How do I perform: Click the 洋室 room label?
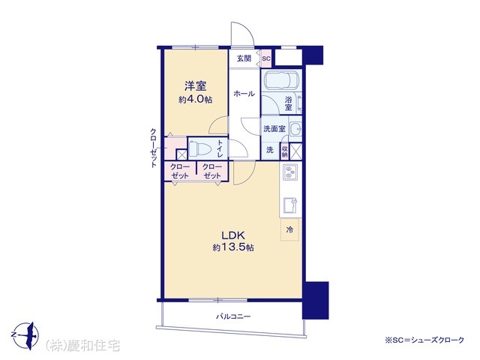(x=195, y=86)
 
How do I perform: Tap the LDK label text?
(x=233, y=235)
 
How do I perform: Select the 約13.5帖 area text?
(x=233, y=247)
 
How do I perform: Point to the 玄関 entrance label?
(x=244, y=58)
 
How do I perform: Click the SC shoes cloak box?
(x=266, y=58)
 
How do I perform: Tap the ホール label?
(x=244, y=94)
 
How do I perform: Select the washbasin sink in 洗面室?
(x=295, y=127)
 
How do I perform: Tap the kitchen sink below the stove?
(x=290, y=205)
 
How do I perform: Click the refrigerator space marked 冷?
(x=289, y=229)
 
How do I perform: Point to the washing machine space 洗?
(x=270, y=150)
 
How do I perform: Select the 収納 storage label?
(x=285, y=151)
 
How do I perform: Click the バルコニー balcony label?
(x=233, y=316)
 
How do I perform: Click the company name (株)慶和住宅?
(x=82, y=346)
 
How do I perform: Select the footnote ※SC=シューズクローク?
(x=424, y=340)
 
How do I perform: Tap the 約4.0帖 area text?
(x=195, y=100)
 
